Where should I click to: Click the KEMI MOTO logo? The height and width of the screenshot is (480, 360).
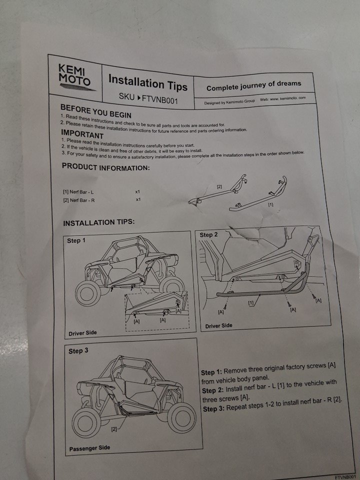75,77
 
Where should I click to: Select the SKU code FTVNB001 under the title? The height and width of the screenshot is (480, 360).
160,100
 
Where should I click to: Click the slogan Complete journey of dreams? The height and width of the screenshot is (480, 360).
254,85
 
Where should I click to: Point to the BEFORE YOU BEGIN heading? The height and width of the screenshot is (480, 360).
96,111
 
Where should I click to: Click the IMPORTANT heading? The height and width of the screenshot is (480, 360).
82,134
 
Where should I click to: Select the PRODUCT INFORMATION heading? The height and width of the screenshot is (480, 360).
106,167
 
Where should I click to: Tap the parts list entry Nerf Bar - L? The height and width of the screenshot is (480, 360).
78,192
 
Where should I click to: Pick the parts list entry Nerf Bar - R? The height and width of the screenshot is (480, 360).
78,200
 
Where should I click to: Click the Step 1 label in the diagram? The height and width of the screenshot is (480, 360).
76,240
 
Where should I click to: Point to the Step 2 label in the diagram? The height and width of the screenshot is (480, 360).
209,235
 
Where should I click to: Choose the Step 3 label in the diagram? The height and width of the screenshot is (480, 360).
78,351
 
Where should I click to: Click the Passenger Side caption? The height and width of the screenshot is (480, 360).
89,448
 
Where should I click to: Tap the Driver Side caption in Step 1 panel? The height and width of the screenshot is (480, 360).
82,333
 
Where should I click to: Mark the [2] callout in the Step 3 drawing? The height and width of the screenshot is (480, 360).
114,429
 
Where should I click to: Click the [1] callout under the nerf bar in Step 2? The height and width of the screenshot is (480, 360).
251,303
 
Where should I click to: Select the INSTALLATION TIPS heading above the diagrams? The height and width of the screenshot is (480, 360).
99,222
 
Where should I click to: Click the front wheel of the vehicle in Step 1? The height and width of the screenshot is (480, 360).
88,293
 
